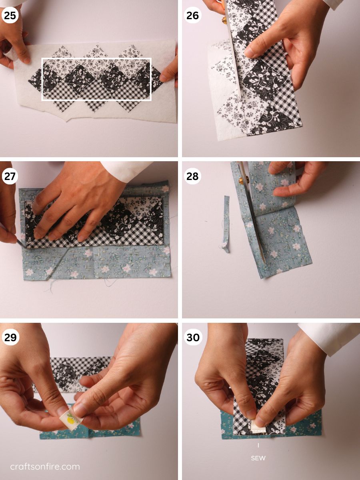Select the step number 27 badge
click(x=10, y=176)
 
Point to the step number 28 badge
click(x=193, y=176)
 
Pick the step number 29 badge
click(x=10, y=337)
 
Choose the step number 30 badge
click(x=193, y=337)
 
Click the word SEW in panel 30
click(x=258, y=458)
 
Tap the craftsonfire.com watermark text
click(x=45, y=466)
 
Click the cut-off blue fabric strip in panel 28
click(x=226, y=224)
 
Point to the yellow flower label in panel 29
click(x=71, y=419)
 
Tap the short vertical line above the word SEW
click(x=258, y=445)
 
